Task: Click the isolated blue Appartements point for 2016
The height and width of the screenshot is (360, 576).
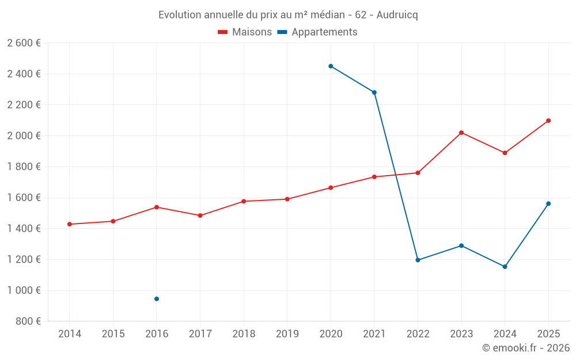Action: pos(157,299)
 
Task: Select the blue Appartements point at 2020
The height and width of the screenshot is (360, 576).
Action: pos(331,66)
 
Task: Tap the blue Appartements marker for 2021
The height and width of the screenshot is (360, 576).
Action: pos(374,92)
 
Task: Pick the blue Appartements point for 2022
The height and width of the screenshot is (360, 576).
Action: pos(418,260)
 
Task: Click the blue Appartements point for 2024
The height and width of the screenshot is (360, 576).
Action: pos(505,267)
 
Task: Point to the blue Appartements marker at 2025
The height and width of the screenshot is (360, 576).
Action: pos(548,203)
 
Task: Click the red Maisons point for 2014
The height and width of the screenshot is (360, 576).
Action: pos(70,224)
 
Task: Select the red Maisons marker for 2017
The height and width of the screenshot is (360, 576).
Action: pos(200,215)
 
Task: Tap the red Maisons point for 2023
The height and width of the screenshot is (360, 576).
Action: pos(461,132)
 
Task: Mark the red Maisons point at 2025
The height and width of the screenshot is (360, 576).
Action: pos(548,120)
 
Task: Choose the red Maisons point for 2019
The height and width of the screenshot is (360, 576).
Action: pos(287,199)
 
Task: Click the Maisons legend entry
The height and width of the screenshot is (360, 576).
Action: pos(245,32)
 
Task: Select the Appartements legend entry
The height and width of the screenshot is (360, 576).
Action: pos(317,32)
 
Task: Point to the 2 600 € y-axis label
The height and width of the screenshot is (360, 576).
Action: pos(24,43)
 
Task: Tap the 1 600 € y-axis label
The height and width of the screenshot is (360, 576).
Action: pos(24,198)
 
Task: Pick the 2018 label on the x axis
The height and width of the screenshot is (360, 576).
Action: pos(244,334)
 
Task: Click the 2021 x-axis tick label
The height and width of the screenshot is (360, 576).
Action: pos(374,334)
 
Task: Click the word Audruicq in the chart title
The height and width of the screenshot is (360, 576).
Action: pos(397,14)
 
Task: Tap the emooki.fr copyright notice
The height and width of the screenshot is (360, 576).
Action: pos(526,348)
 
